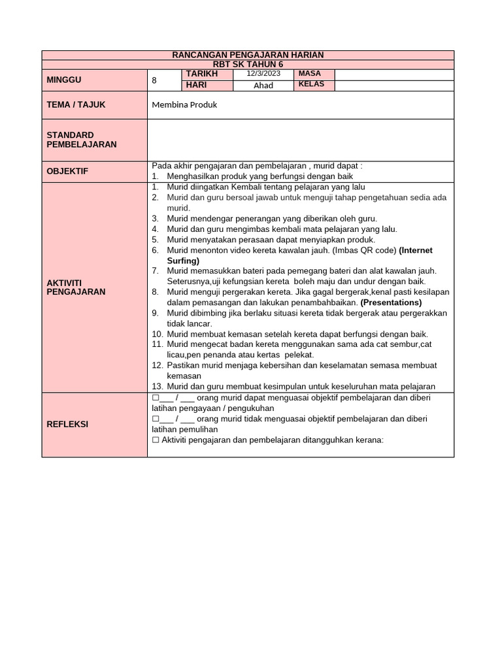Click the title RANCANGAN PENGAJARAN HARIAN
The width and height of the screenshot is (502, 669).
[248, 55]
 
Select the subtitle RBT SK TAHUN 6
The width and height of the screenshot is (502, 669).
[248, 64]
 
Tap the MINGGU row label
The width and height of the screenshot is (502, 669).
[63, 80]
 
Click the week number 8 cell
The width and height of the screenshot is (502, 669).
[154, 80]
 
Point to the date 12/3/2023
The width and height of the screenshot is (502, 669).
[263, 74]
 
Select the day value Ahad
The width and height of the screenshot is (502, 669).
[263, 85]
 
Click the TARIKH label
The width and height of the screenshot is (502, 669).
[201, 74]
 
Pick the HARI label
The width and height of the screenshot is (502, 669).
[197, 85]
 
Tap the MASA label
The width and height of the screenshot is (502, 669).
[309, 74]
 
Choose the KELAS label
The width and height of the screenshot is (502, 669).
[311, 85]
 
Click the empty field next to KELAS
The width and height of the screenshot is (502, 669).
[393, 85]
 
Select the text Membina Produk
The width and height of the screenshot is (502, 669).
[184, 105]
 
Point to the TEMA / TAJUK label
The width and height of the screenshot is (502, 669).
[76, 105]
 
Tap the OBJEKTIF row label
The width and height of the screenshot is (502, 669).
[68, 171]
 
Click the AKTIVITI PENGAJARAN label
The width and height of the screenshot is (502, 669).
[76, 287]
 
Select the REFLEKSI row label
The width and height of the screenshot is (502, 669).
[67, 424]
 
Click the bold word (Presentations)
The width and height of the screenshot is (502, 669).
[391, 302]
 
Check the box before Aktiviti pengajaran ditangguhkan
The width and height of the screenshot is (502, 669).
[156, 440]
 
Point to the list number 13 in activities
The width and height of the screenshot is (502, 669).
[157, 386]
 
